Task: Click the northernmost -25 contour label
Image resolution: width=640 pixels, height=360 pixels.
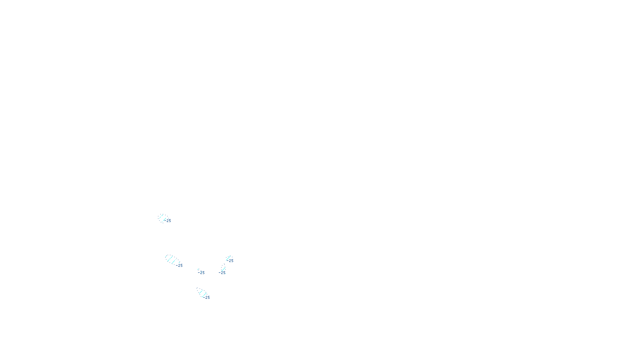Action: tap(168, 221)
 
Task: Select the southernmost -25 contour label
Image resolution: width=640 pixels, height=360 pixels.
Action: tap(207, 298)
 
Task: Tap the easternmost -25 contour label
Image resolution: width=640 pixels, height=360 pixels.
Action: tap(231, 261)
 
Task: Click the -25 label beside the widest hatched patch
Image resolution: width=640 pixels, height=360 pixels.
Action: tap(180, 266)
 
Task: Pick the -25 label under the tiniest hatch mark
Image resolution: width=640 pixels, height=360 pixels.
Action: tap(202, 273)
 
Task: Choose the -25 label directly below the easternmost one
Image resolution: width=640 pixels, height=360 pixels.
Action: tap(223, 273)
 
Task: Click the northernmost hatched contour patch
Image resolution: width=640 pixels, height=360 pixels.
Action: tap(162, 218)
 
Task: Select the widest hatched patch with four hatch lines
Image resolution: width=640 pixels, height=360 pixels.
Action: tap(171, 260)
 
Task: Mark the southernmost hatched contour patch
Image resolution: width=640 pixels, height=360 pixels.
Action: tap(201, 292)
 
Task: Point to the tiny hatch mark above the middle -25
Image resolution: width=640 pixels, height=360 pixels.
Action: tap(199, 270)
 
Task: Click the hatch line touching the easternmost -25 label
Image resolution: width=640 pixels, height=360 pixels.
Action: tap(228, 258)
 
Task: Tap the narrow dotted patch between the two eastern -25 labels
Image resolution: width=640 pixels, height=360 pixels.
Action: tap(223, 267)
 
